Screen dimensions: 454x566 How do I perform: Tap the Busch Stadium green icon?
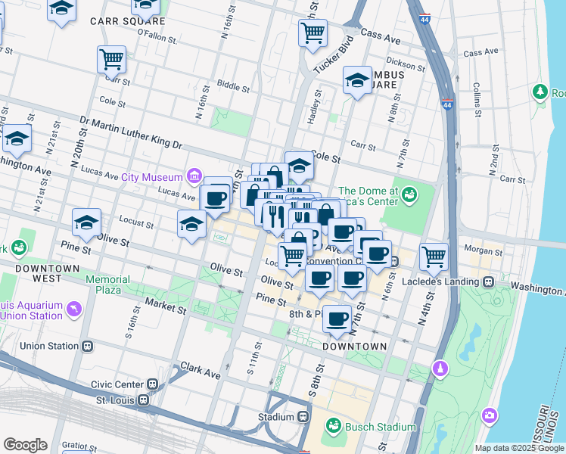[334, 427]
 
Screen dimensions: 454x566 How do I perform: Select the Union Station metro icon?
[88, 347]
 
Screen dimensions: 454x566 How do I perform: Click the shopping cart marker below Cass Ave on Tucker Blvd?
[313, 34]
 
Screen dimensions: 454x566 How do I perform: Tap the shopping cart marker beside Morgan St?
[434, 257]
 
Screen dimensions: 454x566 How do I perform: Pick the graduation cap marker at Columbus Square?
[358, 81]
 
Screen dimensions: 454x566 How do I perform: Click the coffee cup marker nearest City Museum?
[216, 199]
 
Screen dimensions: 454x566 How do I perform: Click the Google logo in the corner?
[25, 445]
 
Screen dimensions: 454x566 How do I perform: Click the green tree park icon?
[540, 92]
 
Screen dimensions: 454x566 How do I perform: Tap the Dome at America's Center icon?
[409, 194]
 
